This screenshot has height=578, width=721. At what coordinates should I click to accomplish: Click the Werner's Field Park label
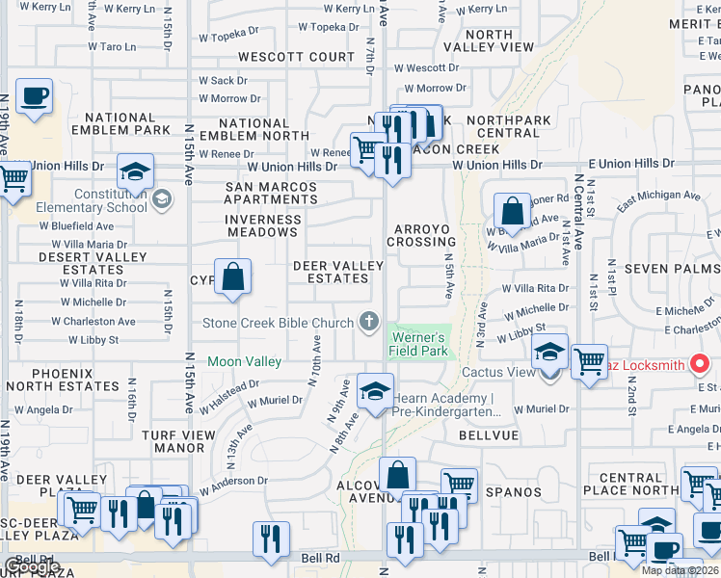pos(417,344)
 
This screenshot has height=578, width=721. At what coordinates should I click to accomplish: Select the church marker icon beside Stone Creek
pos(368,321)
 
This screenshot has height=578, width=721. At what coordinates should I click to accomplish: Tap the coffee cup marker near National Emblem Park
pos(35,96)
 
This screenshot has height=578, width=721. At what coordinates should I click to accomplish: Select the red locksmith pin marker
pos(701,364)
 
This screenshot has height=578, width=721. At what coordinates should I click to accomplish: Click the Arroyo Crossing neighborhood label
pos(421,235)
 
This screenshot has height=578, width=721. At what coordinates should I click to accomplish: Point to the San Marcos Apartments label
pos(271,193)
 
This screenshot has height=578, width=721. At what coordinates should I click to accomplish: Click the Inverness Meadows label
pos(262,225)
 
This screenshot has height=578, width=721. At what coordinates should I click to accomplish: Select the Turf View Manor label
pos(187,441)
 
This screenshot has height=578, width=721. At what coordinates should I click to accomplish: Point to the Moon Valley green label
pos(244,361)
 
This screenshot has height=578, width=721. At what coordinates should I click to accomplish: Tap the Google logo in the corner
pos(32,566)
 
